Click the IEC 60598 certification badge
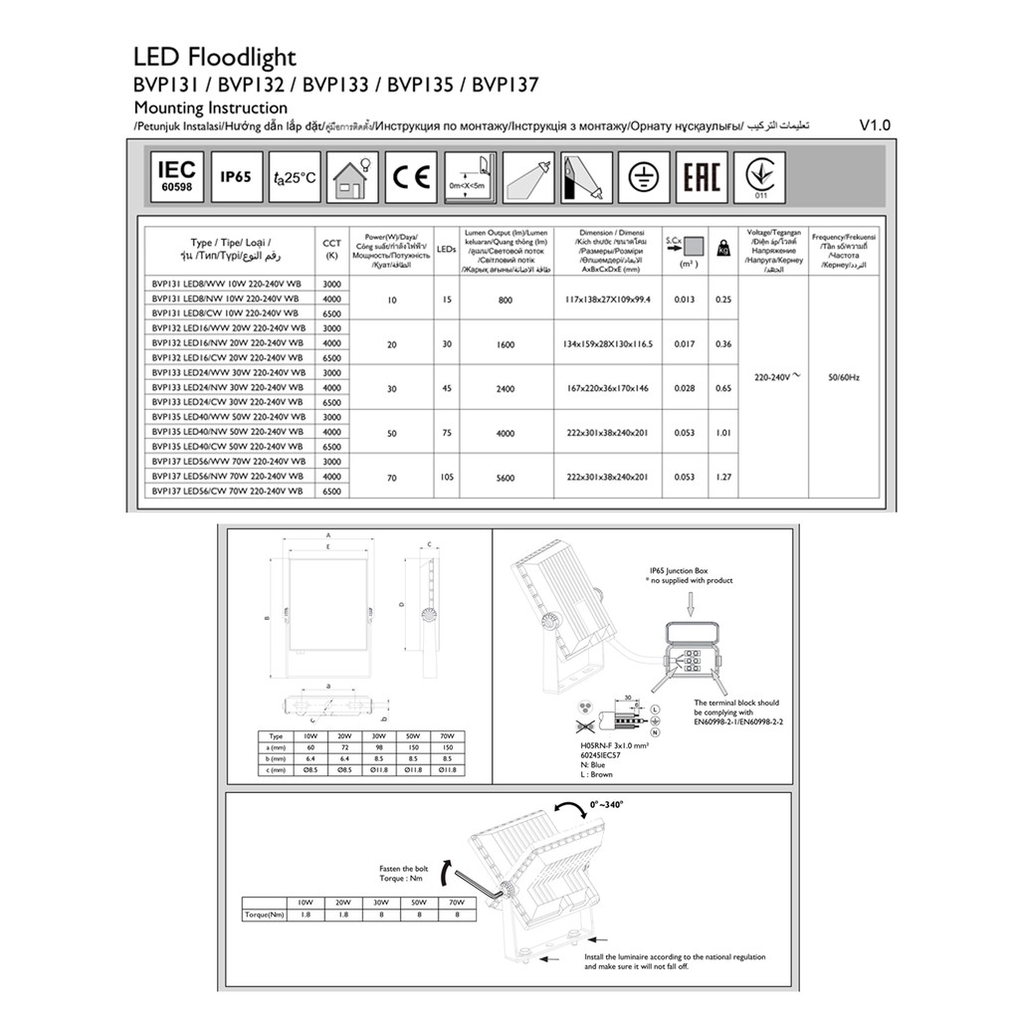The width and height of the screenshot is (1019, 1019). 178,176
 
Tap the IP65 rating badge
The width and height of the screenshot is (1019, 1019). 236,177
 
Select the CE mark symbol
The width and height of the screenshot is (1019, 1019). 410,177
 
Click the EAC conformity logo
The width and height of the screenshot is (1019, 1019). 702,177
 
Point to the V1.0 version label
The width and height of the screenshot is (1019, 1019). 875,126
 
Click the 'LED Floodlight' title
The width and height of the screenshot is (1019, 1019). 215,58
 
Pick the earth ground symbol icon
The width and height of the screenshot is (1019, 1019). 643,177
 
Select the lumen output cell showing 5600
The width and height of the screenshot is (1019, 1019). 505,478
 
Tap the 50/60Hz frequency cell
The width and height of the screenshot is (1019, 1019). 843,377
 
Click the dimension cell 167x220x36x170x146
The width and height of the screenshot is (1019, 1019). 606,388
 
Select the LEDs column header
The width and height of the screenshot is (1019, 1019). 447,251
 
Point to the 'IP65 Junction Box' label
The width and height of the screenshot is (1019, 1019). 684,571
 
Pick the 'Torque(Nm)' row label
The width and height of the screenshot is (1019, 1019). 264,913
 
